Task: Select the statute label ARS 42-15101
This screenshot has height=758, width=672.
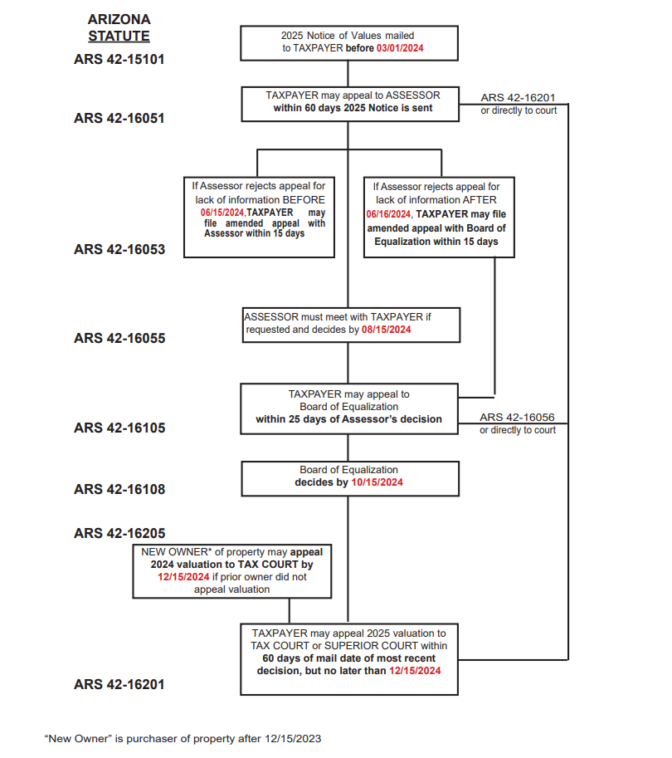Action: [x=119, y=61]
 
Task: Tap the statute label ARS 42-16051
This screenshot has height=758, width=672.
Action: [x=119, y=118]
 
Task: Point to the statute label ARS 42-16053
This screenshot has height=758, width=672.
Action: [x=119, y=249]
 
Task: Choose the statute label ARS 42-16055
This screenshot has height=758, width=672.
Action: [x=119, y=338]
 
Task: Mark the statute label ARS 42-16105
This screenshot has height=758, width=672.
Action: [x=119, y=428]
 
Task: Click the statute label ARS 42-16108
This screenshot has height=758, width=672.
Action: [x=119, y=489]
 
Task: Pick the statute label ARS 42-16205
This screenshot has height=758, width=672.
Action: [x=119, y=533]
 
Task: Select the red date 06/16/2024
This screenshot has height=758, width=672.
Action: [x=389, y=213]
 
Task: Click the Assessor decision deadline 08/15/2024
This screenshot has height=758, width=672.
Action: [x=387, y=330]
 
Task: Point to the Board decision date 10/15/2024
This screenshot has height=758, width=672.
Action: [x=377, y=482]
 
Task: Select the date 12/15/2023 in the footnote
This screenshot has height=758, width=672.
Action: [x=291, y=738]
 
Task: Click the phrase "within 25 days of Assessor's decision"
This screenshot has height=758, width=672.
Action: [x=348, y=419]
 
